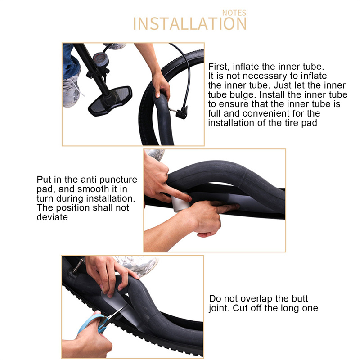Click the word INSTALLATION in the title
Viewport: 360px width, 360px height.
(x=190, y=24)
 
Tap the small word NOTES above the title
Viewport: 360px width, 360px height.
(x=234, y=13)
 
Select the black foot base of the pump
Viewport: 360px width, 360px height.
(x=110, y=100)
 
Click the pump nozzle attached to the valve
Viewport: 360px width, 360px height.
(x=182, y=112)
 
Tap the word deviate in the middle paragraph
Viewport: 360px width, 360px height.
(x=52, y=217)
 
